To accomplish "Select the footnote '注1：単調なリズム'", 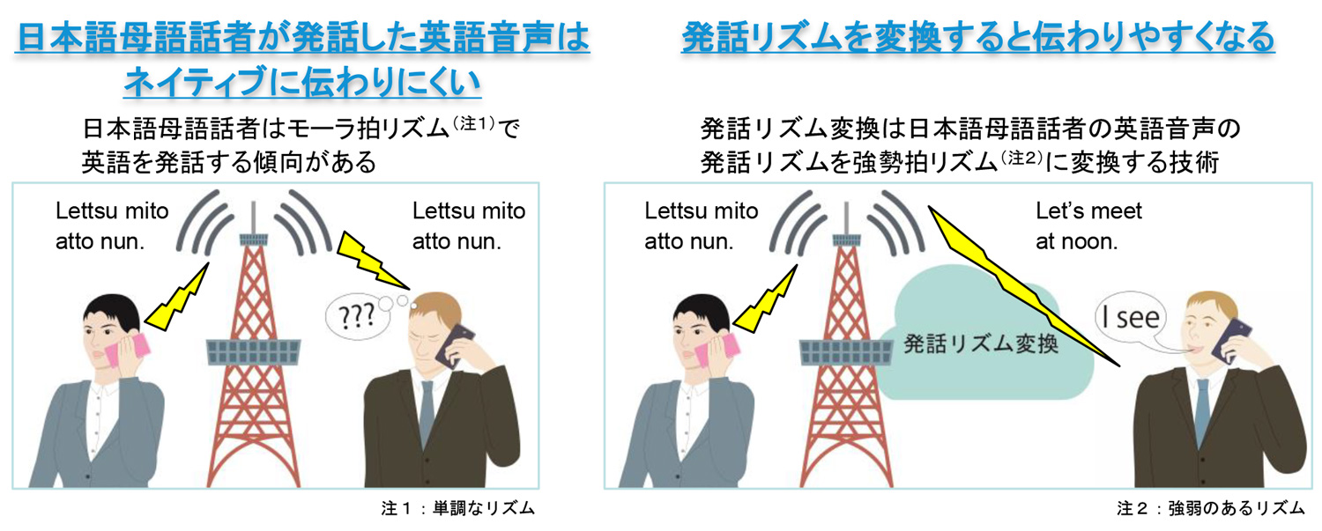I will click(457, 509).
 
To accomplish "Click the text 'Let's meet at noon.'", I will click(1088, 226).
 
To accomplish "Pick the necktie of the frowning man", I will click(426, 414).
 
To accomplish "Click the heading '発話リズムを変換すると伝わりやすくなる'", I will click(977, 38).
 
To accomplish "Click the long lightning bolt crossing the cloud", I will click(1022, 282).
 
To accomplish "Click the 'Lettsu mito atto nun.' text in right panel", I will click(701, 226).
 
